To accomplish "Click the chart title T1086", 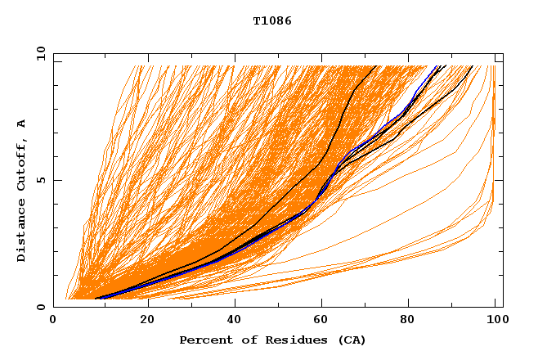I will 272,21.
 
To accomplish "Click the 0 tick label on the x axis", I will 54,322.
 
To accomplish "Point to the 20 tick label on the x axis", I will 147,322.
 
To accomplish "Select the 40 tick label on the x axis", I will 235,322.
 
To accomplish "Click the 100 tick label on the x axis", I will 495,322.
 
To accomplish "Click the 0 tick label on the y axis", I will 40,308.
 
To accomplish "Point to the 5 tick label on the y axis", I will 40,181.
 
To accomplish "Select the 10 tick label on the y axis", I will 38,54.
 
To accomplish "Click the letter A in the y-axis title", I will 22,124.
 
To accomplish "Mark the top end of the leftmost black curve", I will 376,65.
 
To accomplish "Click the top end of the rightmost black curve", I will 472,65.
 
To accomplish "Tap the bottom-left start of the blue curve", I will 96,299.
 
